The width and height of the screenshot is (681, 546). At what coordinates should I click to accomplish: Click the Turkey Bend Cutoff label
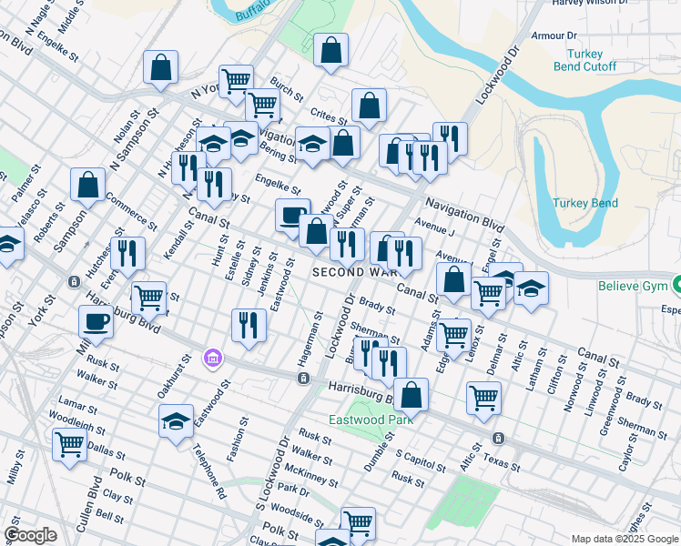pos(585,60)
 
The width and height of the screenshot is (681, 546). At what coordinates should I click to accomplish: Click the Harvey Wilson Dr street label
pos(594,4)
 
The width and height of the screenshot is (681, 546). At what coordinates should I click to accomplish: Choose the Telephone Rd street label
pos(210,472)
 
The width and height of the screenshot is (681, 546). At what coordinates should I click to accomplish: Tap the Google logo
pos(30,535)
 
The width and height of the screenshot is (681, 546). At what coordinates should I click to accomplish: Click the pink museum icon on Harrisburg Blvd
pos(213,359)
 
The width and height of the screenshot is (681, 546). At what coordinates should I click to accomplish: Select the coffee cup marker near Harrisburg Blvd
pos(97,322)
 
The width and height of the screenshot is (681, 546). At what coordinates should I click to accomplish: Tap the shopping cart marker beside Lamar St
pos(70,446)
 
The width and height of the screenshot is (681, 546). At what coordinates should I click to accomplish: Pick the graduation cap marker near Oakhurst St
pos(176,420)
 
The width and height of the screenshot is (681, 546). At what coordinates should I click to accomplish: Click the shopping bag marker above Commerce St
pos(89,184)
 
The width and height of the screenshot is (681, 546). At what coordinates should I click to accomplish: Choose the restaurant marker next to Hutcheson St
pos(127,254)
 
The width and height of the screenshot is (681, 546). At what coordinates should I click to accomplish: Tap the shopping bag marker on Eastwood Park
pos(412,395)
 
